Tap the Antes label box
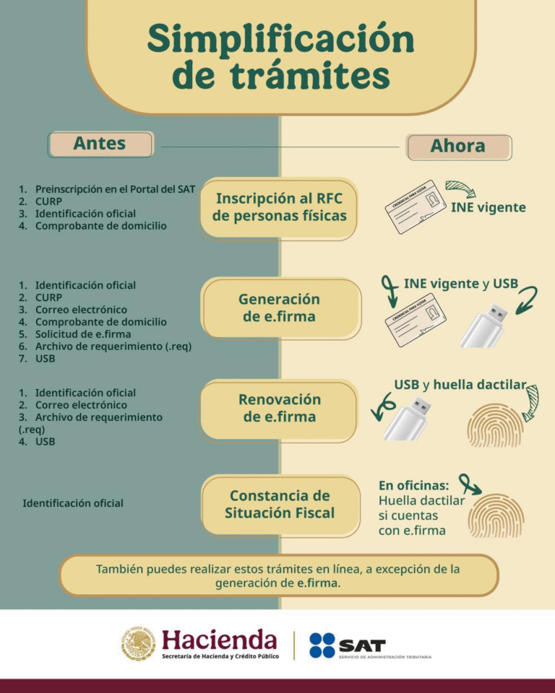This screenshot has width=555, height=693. (x=100, y=144)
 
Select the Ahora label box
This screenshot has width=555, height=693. (x=458, y=147)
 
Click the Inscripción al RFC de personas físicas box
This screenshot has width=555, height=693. (x=279, y=207)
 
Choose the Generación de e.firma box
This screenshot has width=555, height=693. (x=280, y=308)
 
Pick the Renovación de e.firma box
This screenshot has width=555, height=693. (x=279, y=409)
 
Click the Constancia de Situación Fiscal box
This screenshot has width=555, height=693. (x=280, y=505)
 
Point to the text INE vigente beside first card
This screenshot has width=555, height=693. (x=488, y=208)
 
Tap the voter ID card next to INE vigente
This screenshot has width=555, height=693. (x=415, y=206)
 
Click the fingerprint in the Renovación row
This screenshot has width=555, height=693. (x=496, y=424)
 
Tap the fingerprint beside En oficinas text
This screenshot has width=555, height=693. (x=496, y=515)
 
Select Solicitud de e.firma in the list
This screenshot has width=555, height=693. (x=83, y=334)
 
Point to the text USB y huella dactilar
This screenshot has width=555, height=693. (x=460, y=384)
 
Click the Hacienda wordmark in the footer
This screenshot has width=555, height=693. (x=219, y=640)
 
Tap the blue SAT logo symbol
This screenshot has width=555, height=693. (x=322, y=645)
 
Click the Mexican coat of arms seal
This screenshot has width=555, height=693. (x=138, y=644)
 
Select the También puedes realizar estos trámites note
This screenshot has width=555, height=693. (x=278, y=576)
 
